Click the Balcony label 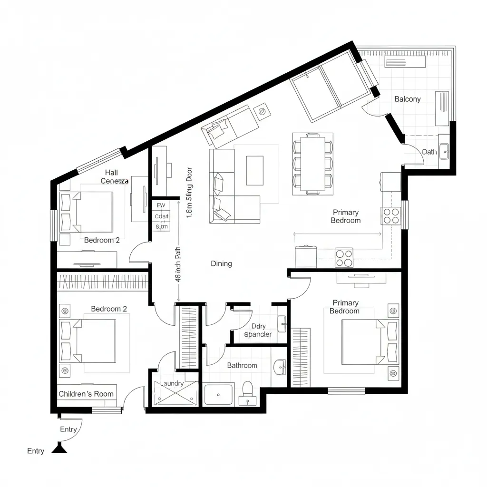408,99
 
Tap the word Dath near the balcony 429,152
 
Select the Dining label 221,263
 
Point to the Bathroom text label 242,365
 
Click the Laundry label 172,383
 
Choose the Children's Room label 86,394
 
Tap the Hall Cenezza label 114,177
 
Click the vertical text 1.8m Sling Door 189,192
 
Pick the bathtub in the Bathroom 218,394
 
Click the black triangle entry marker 59,448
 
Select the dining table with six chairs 312,164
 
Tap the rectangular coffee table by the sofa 254,170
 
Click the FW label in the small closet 161,205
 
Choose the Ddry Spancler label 258,330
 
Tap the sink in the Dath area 445,152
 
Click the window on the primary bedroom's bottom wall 346,391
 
